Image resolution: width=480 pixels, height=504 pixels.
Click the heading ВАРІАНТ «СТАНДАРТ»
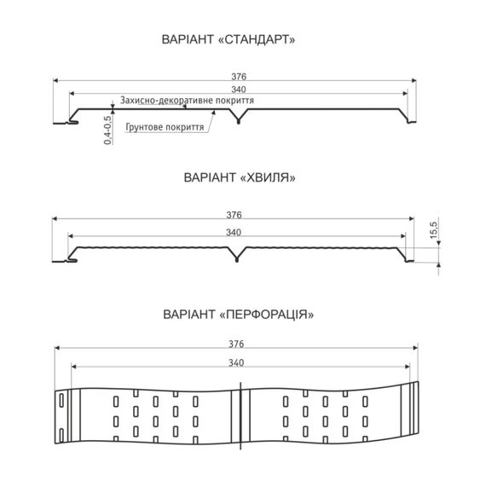coord(228,39)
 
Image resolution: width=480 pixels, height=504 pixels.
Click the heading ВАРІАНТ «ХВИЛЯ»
coord(240,177)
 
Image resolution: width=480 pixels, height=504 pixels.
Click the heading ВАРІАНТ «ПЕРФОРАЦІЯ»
coord(239,314)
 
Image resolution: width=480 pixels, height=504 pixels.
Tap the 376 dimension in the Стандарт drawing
coord(239,77)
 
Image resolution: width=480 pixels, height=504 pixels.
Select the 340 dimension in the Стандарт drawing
coord(239,90)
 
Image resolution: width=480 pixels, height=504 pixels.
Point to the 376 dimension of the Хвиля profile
coord(234,215)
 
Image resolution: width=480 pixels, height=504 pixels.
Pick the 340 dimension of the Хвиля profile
coord(234,232)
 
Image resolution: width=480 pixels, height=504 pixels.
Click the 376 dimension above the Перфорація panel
coord(236,344)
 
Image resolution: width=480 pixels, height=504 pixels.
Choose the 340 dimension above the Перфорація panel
coord(236,362)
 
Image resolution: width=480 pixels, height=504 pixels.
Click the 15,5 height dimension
coord(434,229)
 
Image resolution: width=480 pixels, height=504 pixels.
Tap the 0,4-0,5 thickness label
coord(108,130)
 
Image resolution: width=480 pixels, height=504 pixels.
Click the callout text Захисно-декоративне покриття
coord(187,101)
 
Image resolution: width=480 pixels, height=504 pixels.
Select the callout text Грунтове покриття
coord(165,127)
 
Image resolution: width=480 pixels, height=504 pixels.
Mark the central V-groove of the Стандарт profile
coord(238,117)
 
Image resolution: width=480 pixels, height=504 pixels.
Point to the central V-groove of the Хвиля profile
coord(237,255)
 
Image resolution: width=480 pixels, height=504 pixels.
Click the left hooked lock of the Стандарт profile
coord(73,121)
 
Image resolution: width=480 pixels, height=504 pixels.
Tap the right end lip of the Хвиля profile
coord(409,261)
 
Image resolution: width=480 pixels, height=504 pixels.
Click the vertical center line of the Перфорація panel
coord(240,415)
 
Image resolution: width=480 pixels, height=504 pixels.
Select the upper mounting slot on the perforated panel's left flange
coord(61,401)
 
